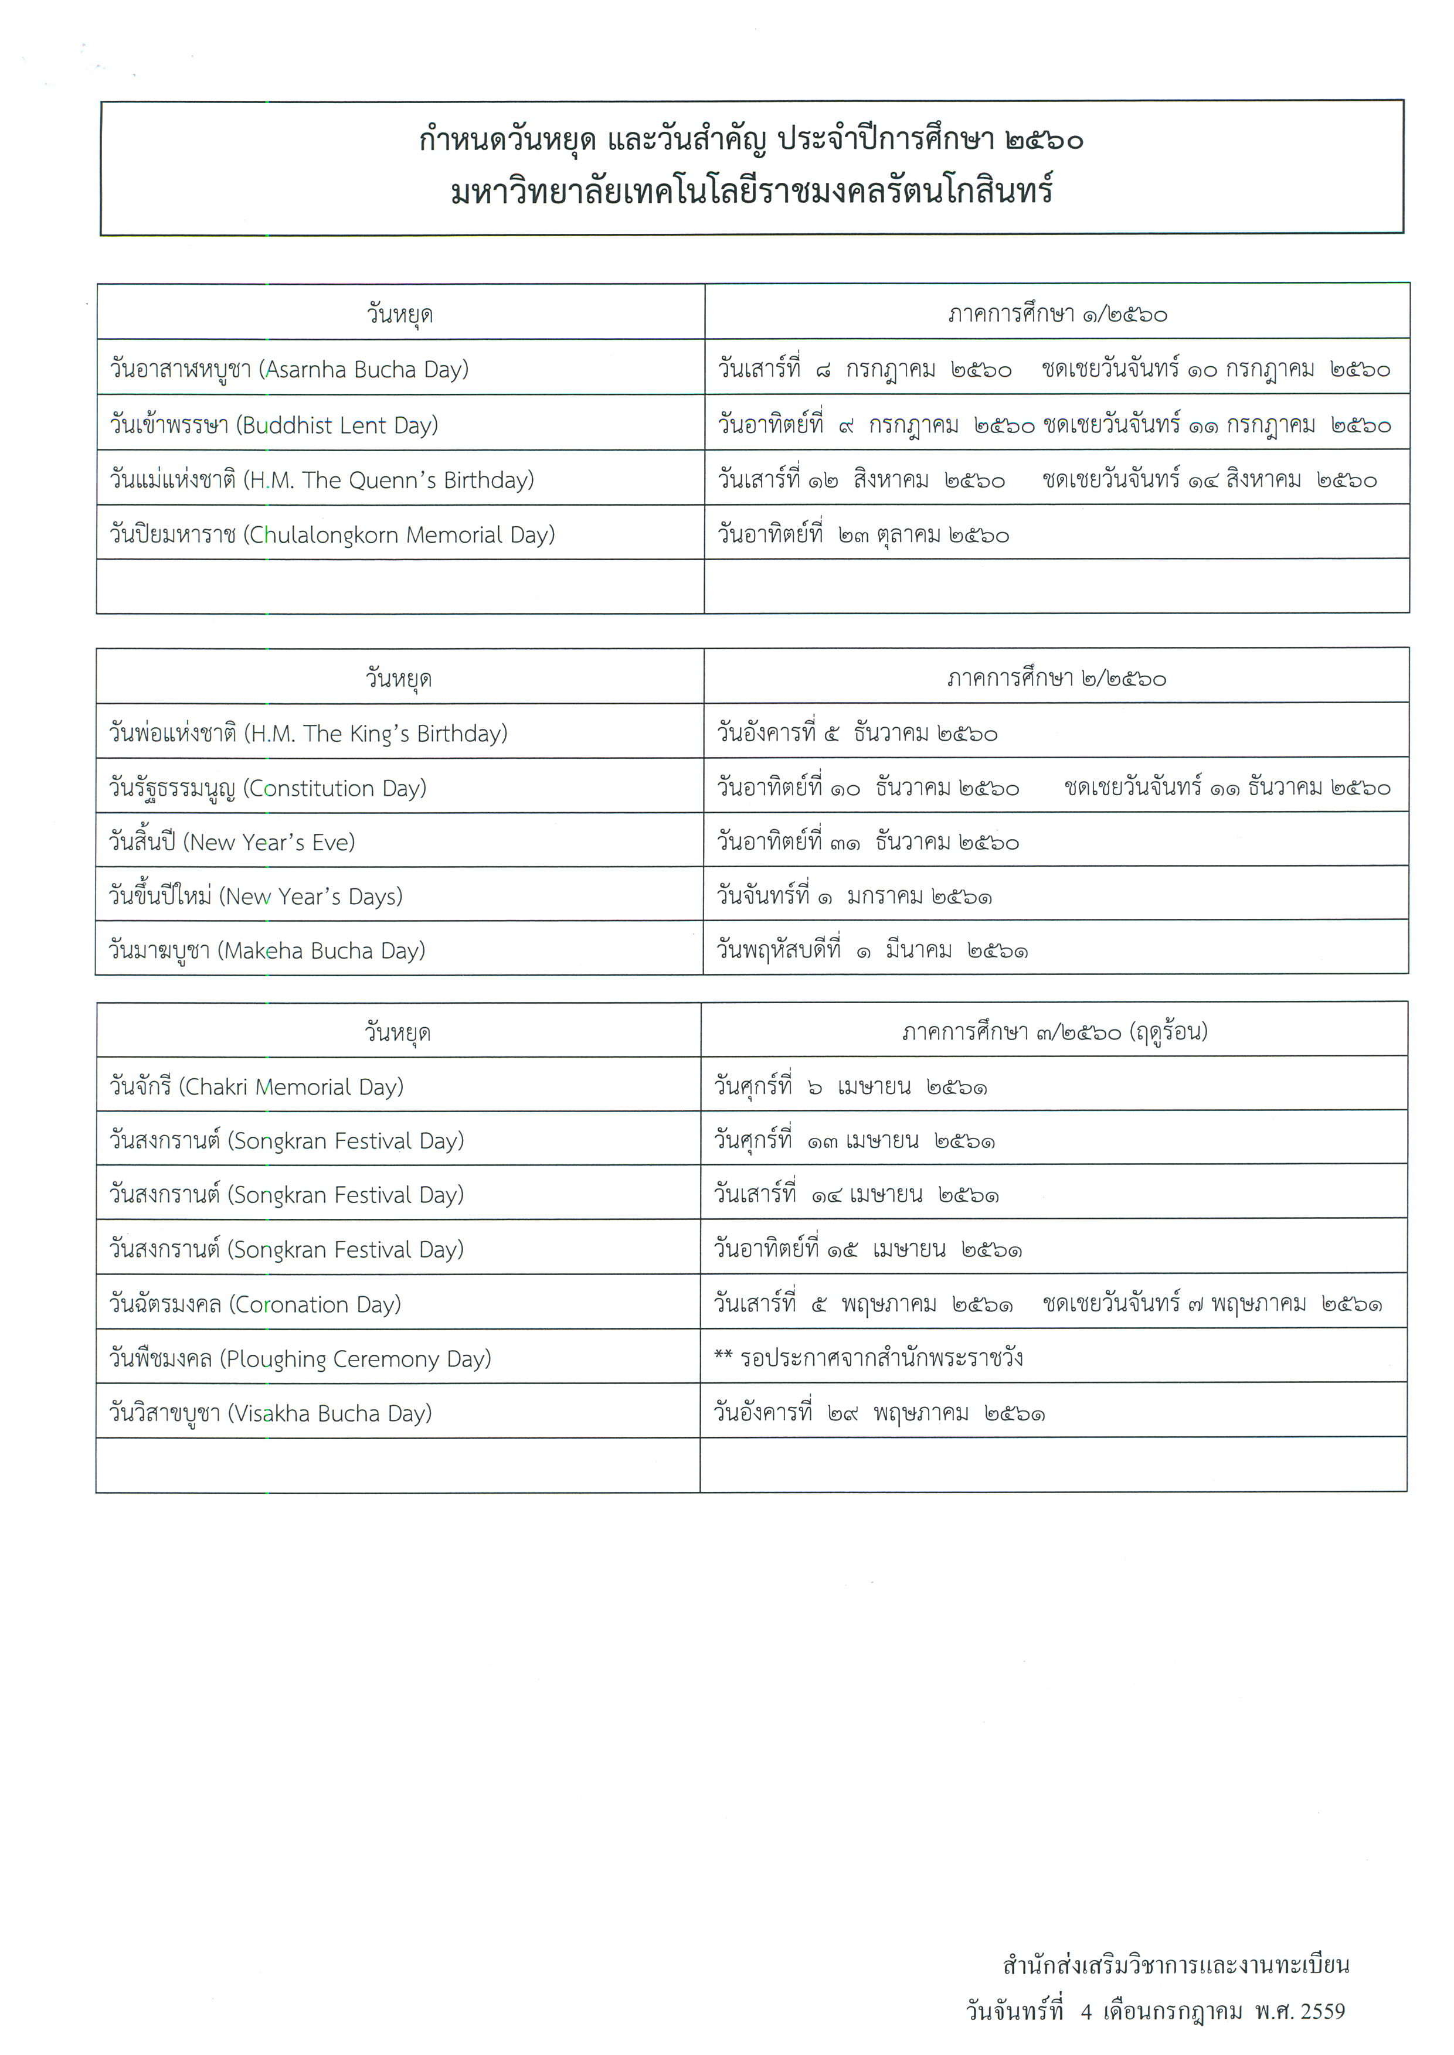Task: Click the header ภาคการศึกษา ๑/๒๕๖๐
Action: tap(1057, 314)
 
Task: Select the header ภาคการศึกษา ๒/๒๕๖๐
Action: tap(1056, 679)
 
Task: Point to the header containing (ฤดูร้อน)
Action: tap(1055, 1032)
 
